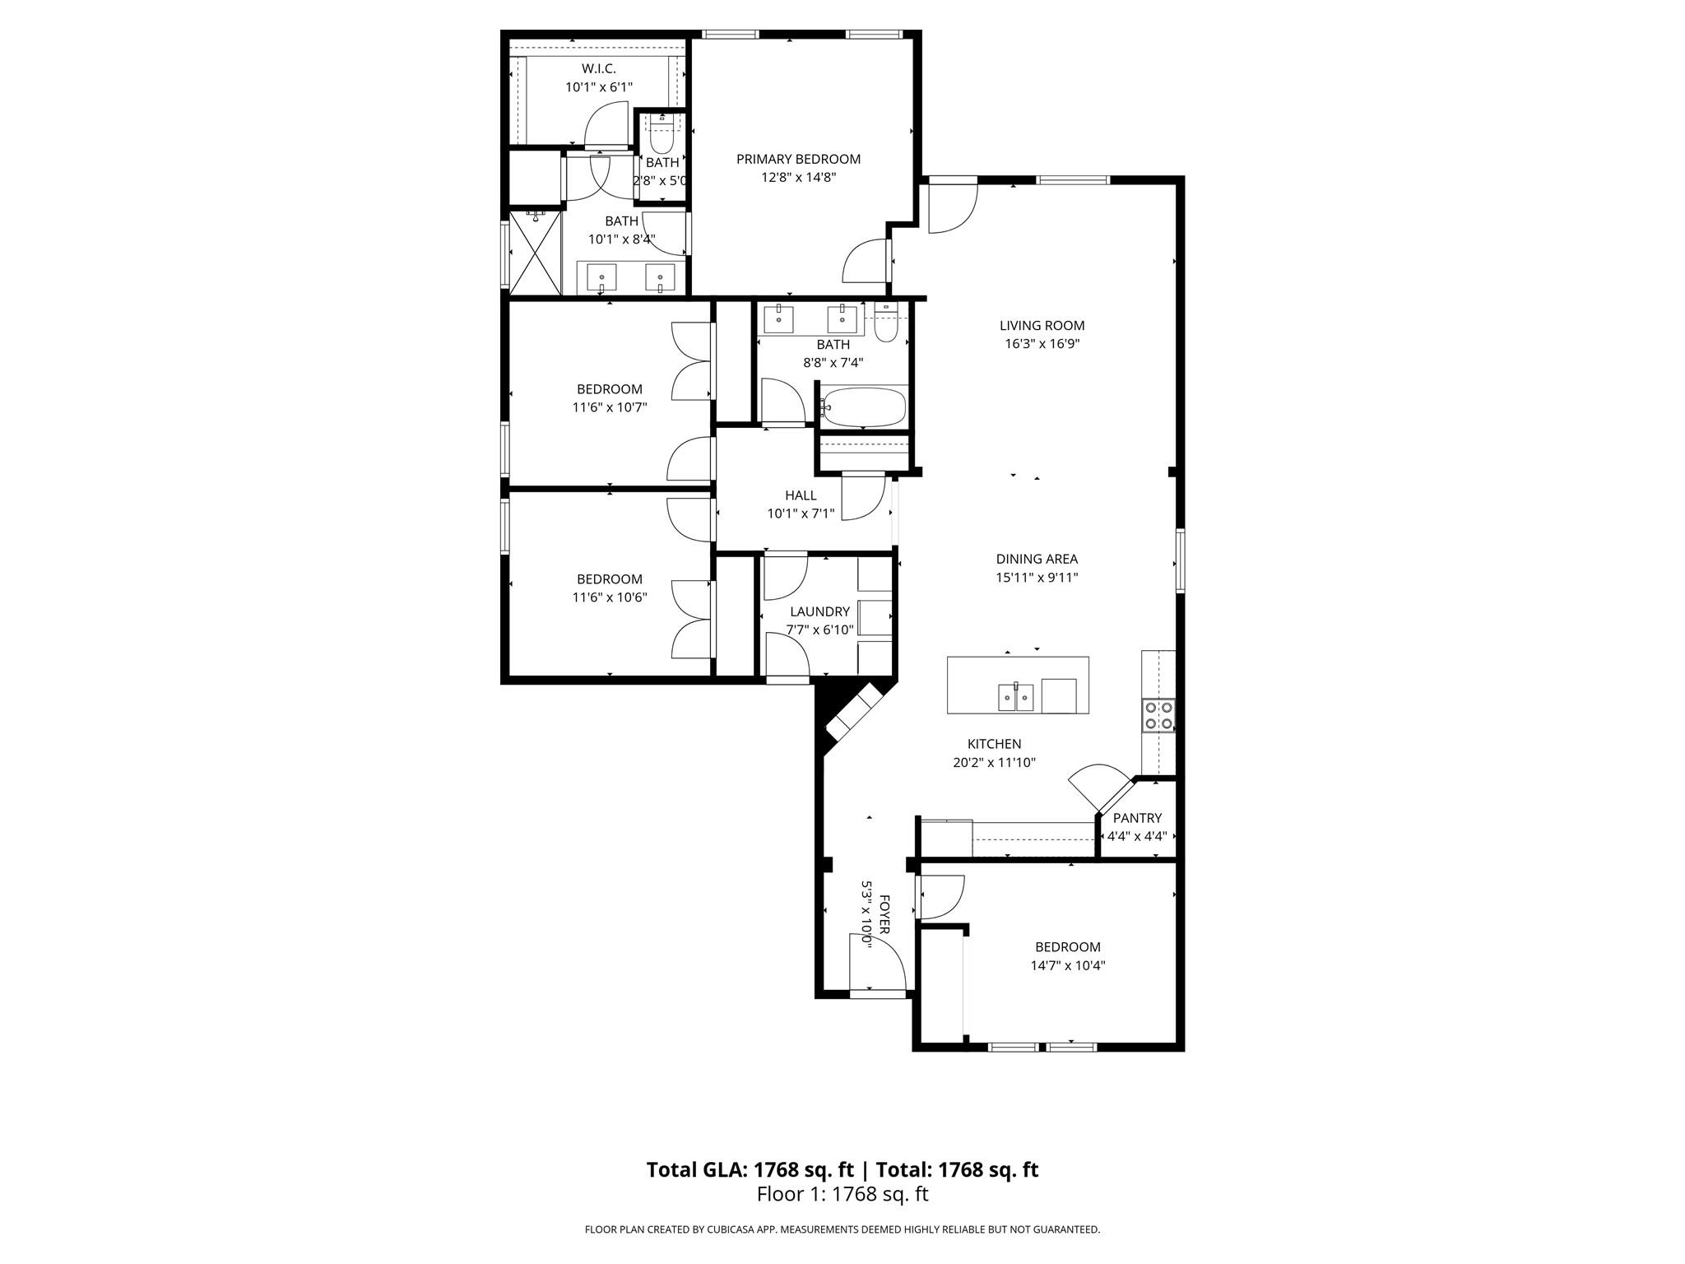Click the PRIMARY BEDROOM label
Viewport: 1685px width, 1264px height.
(798, 159)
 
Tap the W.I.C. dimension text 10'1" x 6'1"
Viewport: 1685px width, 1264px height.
(598, 86)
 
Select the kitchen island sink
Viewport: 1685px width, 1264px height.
(1016, 697)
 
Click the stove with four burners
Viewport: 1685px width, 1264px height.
(1158, 715)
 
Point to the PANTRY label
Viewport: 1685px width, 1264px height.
(1137, 818)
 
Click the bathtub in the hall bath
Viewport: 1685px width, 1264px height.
(864, 407)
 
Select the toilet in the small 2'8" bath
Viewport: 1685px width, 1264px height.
(661, 133)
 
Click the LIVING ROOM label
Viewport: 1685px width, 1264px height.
(1042, 325)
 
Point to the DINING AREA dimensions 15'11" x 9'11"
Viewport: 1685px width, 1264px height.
(1037, 578)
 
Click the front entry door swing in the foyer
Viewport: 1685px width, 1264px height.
(878, 963)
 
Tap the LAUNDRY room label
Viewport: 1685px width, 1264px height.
(819, 611)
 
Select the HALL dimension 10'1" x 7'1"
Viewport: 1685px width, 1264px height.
(801, 513)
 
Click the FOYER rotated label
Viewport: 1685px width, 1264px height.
(884, 913)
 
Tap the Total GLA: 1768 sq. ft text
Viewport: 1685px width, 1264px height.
(750, 1169)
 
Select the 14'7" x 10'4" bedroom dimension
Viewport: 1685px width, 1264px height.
(1067, 965)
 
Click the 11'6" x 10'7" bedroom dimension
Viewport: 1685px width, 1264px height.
(610, 407)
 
